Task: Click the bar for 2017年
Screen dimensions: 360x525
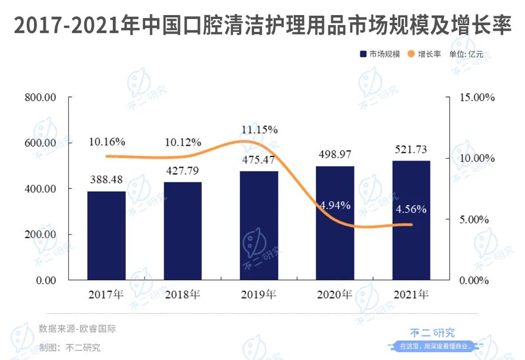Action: click(106, 235)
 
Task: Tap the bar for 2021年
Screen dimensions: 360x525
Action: click(411, 220)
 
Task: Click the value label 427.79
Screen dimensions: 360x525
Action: click(182, 170)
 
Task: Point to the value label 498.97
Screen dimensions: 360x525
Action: click(335, 154)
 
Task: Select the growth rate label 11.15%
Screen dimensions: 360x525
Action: click(259, 130)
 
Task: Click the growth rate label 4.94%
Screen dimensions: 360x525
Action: click(335, 205)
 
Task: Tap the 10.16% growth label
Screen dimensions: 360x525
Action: click(107, 141)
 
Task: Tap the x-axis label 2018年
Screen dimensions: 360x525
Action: click(183, 294)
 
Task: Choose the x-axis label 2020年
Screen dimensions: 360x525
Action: click(335, 294)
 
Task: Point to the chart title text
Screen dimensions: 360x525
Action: click(262, 26)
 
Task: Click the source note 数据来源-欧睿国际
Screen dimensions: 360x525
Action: click(77, 329)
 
